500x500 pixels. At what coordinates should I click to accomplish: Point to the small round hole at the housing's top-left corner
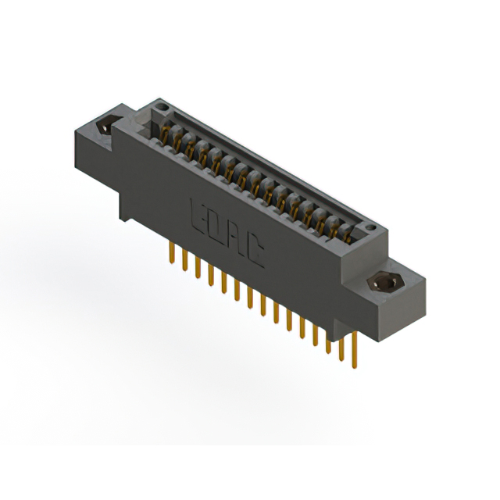(162, 104)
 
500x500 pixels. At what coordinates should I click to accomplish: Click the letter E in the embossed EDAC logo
(196, 212)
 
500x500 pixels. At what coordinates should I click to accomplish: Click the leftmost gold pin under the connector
(171, 254)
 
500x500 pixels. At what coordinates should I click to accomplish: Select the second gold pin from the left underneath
(184, 259)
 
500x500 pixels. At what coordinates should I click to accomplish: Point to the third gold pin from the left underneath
(197, 268)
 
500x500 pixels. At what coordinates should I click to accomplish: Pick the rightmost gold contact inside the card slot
(348, 229)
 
